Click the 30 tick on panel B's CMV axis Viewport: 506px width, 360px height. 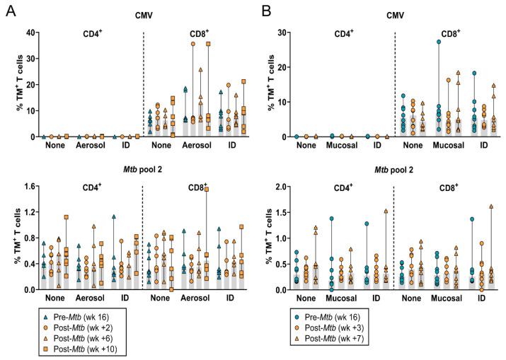(281, 33)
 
